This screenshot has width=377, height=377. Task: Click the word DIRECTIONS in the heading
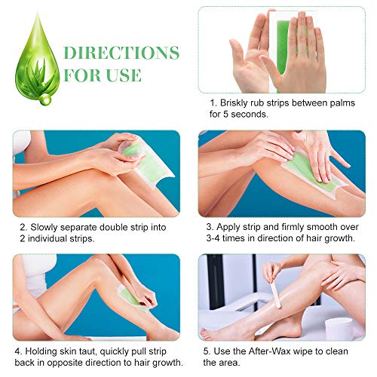[x=121, y=53]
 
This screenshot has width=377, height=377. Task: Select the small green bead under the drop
[x=45, y=99]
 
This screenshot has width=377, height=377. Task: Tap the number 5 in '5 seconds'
[x=225, y=115]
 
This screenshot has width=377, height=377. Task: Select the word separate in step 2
[x=78, y=228]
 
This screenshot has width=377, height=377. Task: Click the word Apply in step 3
[x=225, y=228]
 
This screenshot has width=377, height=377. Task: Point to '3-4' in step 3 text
[x=213, y=238]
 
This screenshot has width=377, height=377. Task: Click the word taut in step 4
[x=89, y=351]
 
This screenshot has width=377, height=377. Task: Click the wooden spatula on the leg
[x=275, y=295]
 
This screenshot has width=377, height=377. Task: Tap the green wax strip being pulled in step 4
[x=132, y=299]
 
